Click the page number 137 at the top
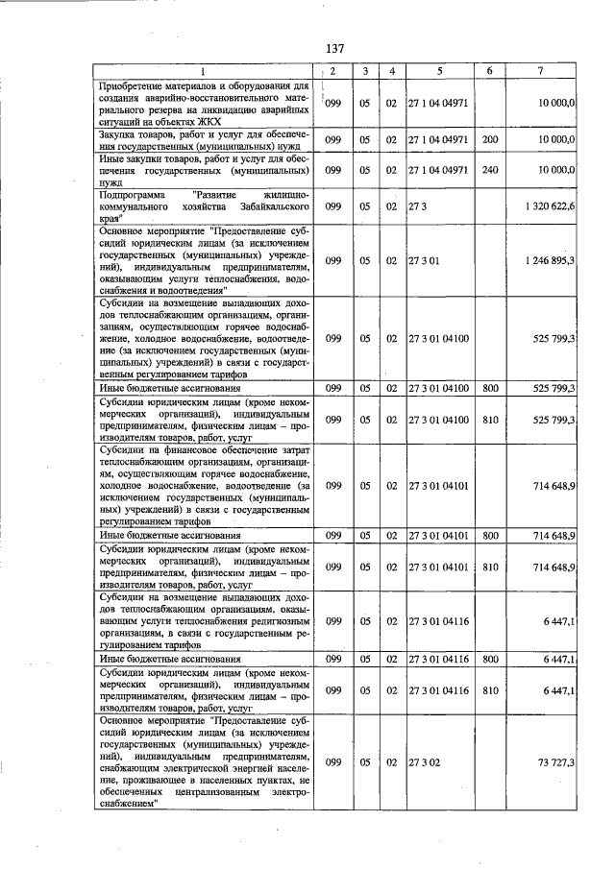pyautogui.click(x=334, y=49)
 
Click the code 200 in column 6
pyautogui.click(x=490, y=139)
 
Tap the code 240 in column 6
pyautogui.click(x=490, y=169)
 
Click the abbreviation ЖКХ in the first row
pyautogui.click(x=208, y=122)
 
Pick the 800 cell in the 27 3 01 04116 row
pyautogui.click(x=490, y=660)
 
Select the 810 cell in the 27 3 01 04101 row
pyautogui.click(x=490, y=567)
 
